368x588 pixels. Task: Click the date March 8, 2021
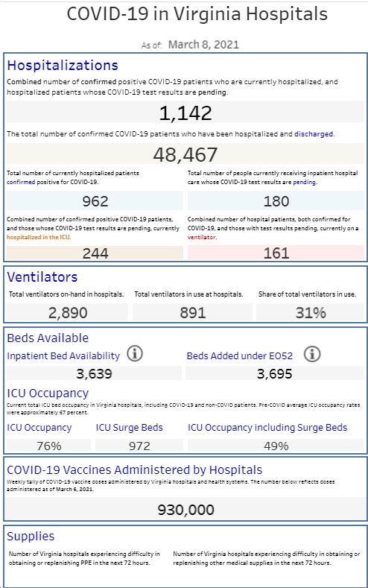(x=203, y=45)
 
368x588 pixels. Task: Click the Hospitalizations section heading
(x=63, y=66)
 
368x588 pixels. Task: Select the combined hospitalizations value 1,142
(x=185, y=113)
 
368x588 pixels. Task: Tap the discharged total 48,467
(x=185, y=154)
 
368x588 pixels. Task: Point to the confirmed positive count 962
(x=95, y=201)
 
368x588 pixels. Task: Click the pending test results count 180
(x=276, y=201)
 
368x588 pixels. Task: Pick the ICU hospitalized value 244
(x=95, y=253)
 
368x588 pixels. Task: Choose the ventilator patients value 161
(x=276, y=253)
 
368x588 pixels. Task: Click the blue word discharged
(x=314, y=134)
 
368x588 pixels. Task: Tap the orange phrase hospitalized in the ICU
(x=38, y=237)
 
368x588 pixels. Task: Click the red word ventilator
(x=202, y=237)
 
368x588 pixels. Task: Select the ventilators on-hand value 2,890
(x=68, y=313)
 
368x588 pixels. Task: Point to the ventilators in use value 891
(x=193, y=313)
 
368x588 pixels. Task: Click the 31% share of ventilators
(x=311, y=313)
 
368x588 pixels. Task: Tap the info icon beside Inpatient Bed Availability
(x=135, y=354)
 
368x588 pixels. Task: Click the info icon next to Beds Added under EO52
(x=312, y=354)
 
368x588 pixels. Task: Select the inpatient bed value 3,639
(x=94, y=373)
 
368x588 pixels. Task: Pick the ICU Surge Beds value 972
(x=139, y=446)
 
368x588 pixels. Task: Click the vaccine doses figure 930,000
(x=186, y=510)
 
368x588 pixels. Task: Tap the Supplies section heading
(x=31, y=537)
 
